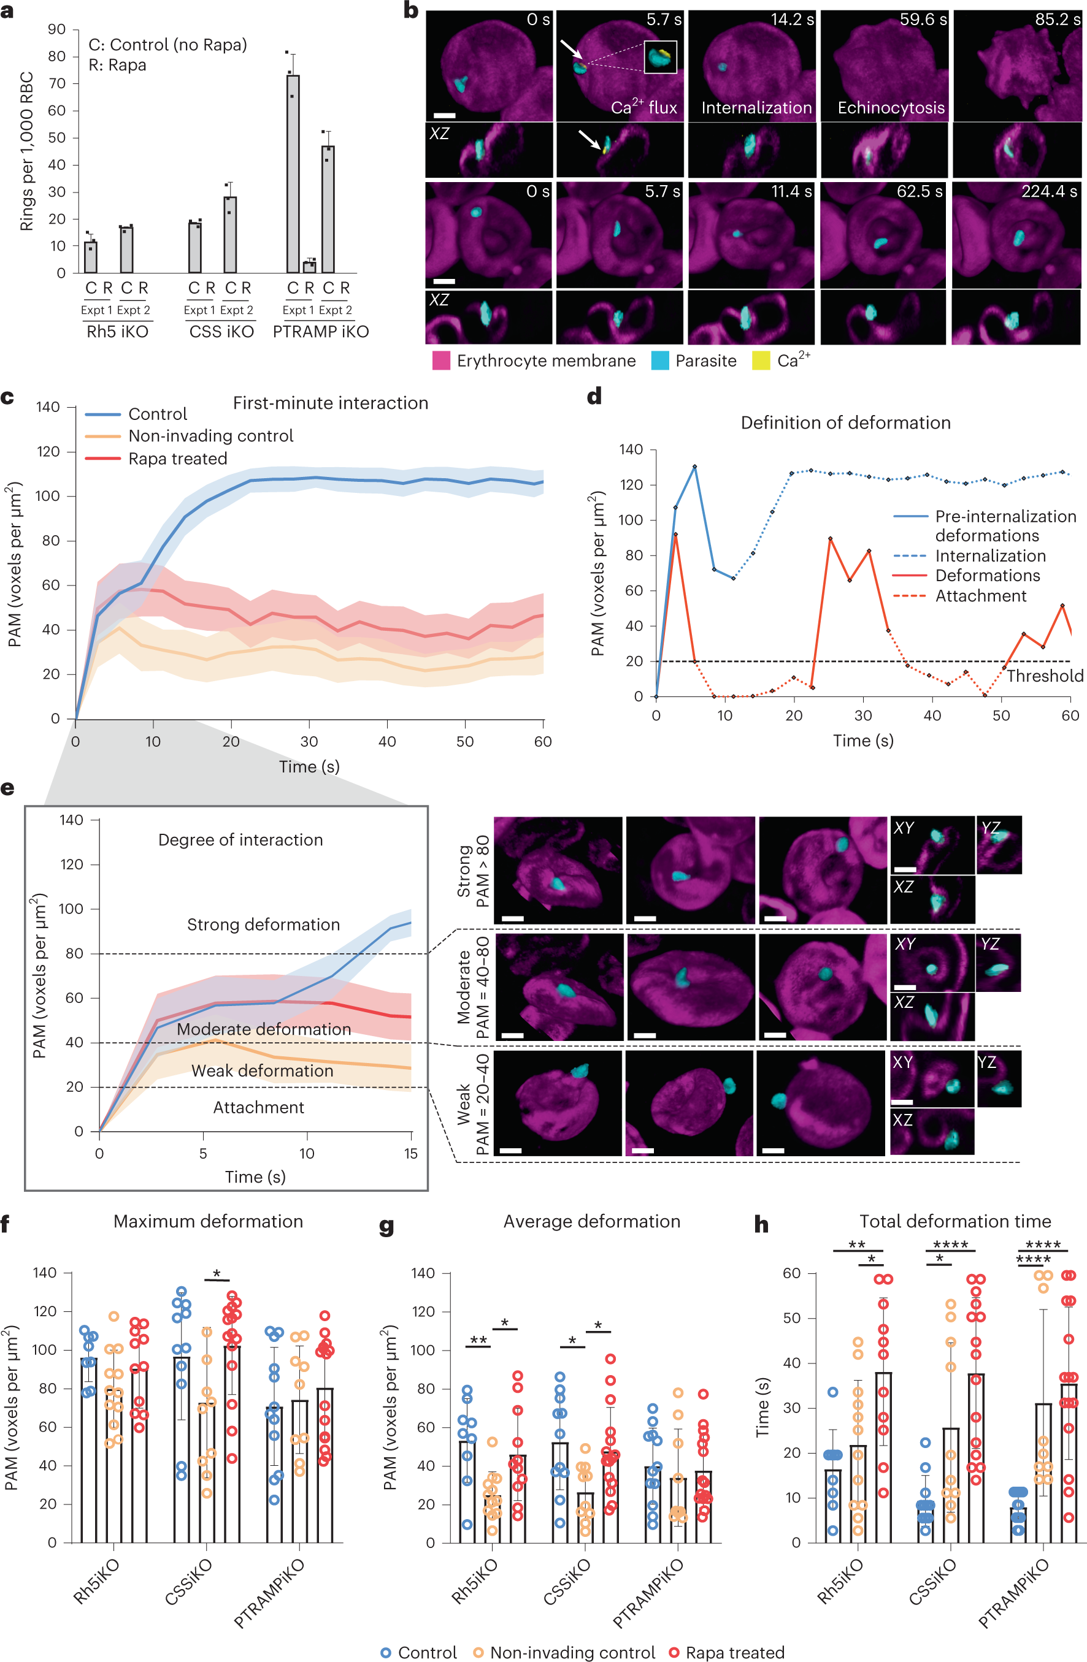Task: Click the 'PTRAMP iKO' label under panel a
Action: [x=321, y=332]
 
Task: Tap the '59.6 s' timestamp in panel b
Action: [x=923, y=20]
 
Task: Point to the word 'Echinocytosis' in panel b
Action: [x=891, y=107]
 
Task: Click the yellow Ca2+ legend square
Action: [x=760, y=360]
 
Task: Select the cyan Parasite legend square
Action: [x=659, y=360]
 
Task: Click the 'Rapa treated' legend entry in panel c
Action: [x=177, y=459]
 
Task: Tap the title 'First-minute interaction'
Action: [x=331, y=403]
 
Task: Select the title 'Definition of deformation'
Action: [x=845, y=422]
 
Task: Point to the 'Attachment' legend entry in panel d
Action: [x=980, y=596]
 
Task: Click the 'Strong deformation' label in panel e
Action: [x=263, y=924]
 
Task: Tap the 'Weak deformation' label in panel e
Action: [x=262, y=1070]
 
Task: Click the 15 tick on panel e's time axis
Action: [x=411, y=1154]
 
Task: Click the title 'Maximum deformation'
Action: [x=208, y=1221]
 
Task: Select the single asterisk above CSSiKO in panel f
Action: [x=217, y=1275]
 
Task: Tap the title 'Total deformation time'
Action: [x=955, y=1221]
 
